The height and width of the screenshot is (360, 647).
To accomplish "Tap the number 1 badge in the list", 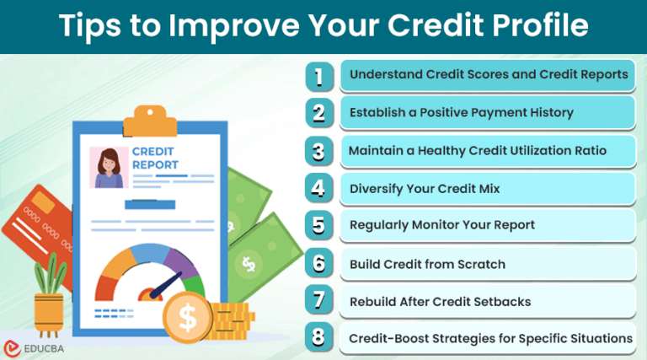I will coord(318,76).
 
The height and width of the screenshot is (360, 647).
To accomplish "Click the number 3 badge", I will coord(318,152).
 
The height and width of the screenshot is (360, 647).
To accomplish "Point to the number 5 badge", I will coord(318,226).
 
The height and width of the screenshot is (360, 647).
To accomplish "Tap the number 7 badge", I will coord(318,301).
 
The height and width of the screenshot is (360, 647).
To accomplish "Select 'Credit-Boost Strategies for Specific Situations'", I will coord(490,338).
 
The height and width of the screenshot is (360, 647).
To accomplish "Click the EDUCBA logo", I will coord(35,347).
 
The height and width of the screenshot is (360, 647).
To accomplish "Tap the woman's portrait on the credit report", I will coord(109,167).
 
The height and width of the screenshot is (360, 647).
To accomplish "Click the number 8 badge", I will coord(318,338).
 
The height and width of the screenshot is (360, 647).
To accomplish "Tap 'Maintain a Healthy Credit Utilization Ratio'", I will coord(478,152).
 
